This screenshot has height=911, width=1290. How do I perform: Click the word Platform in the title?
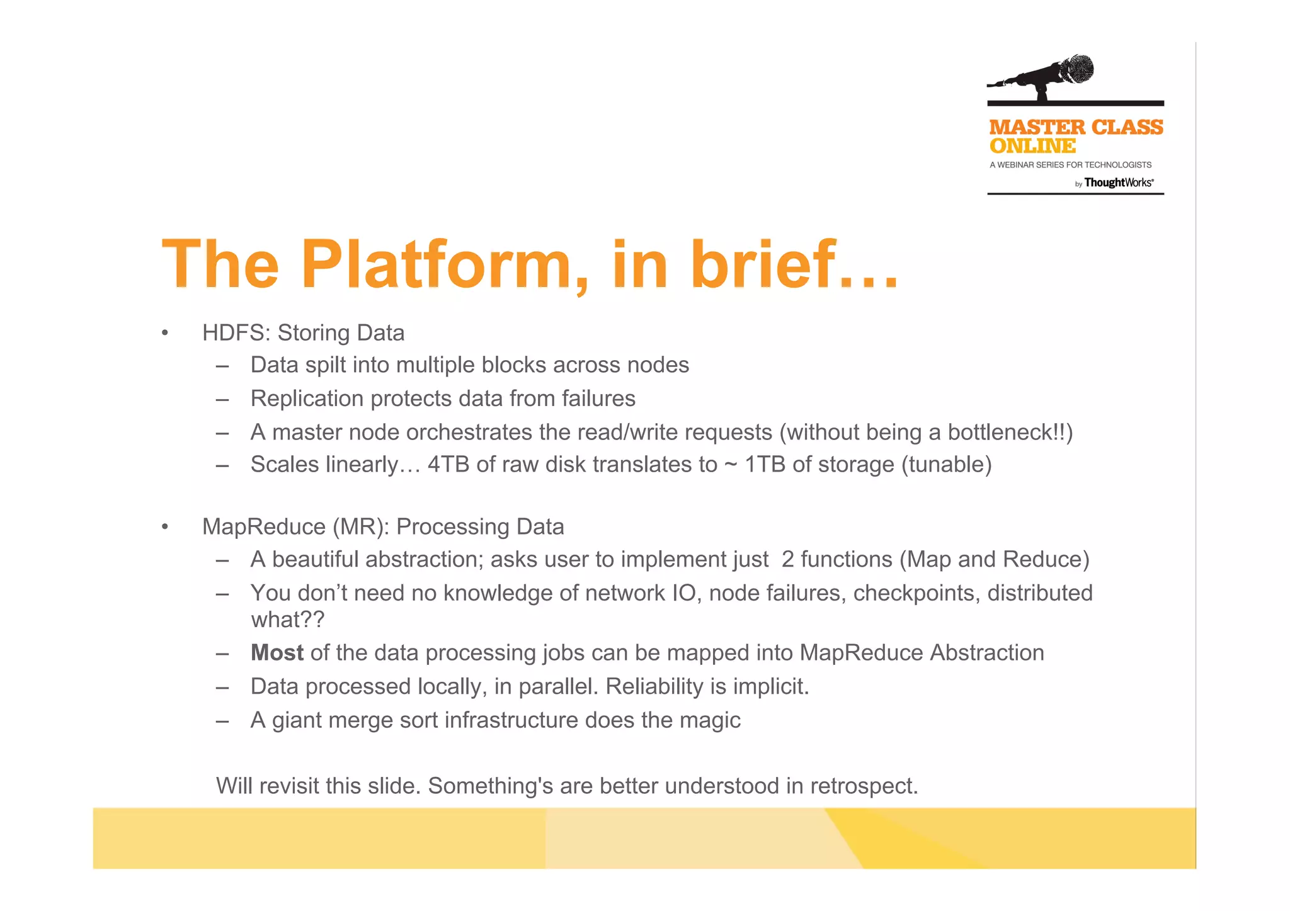click(x=437, y=264)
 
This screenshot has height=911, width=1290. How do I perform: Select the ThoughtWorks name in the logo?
click(x=1118, y=183)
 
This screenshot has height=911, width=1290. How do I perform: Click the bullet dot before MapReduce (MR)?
click(x=164, y=526)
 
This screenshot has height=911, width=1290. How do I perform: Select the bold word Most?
click(x=277, y=653)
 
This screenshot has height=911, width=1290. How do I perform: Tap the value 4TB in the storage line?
click(x=448, y=465)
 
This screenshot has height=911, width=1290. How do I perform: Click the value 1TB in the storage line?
click(x=765, y=465)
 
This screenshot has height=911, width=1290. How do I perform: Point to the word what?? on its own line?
click(x=287, y=620)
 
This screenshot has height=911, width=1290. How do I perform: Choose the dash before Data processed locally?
click(x=222, y=687)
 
